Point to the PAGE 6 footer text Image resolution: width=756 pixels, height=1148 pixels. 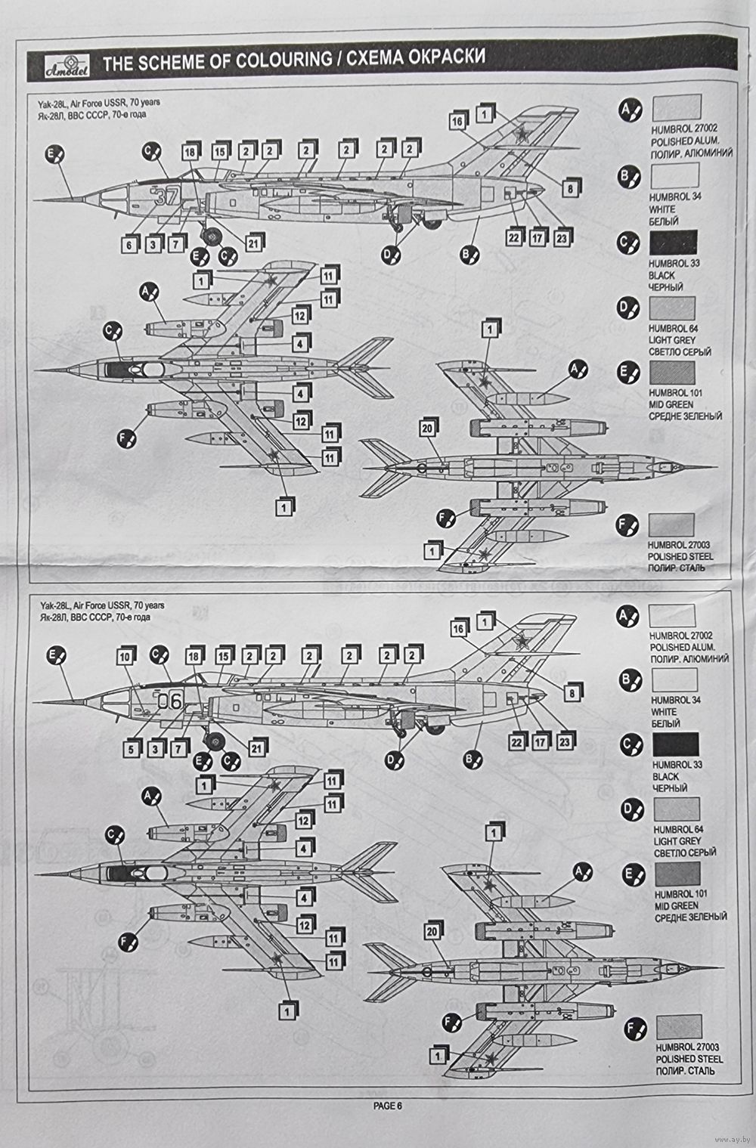[388, 1105]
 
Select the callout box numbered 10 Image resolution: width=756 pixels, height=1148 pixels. [127, 658]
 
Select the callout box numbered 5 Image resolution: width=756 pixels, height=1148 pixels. [132, 749]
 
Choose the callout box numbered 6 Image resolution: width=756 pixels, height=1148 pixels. [129, 244]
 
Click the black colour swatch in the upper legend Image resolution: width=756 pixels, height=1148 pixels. [673, 242]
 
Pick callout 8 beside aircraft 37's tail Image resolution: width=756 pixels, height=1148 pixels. [570, 189]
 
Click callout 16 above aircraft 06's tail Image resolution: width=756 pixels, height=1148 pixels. [459, 628]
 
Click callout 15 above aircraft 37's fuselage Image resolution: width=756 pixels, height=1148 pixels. [220, 151]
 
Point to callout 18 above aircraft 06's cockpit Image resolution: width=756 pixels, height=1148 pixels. [195, 657]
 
